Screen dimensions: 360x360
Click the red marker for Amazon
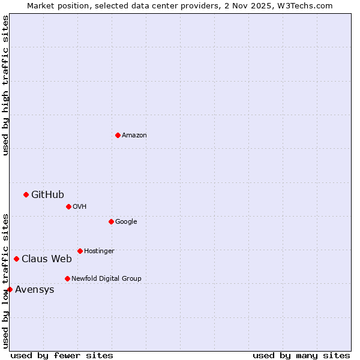click(x=118, y=135)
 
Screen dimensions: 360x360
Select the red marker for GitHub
click(x=26, y=194)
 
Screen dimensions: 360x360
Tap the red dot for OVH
click(x=68, y=206)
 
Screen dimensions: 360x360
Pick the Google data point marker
click(x=111, y=221)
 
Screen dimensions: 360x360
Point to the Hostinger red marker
click(x=80, y=251)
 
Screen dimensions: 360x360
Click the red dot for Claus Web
click(x=16, y=259)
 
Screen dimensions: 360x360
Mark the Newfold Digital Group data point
click(x=67, y=278)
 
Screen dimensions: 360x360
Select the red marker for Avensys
click(x=10, y=289)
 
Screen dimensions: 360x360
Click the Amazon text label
click(x=134, y=135)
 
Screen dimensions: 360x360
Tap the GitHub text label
click(x=47, y=194)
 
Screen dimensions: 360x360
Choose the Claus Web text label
click(x=47, y=259)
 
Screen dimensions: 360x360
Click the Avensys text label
click(x=35, y=290)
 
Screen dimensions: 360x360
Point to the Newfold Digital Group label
click(x=106, y=278)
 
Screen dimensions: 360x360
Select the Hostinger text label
click(x=99, y=251)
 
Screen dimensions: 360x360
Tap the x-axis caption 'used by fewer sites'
click(x=62, y=355)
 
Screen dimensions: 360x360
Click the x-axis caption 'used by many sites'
click(x=301, y=355)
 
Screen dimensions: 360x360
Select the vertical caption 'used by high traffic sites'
click(x=5, y=85)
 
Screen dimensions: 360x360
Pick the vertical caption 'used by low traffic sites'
click(x=5, y=281)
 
